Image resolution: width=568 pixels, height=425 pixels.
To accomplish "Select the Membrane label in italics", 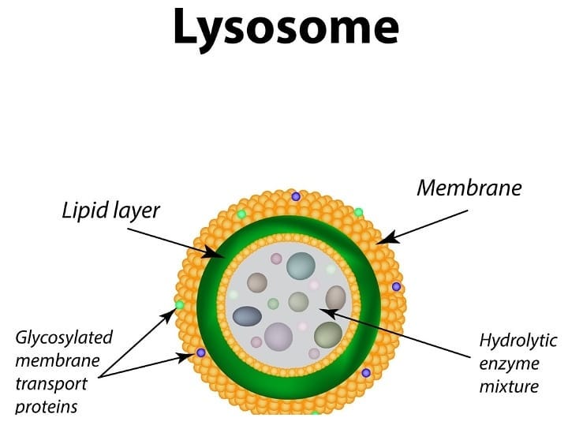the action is (x=469, y=188).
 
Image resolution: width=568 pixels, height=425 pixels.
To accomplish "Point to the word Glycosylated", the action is (x=64, y=338).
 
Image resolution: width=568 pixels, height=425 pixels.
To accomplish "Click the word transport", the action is (x=51, y=385).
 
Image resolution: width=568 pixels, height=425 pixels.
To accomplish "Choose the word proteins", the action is (x=47, y=408).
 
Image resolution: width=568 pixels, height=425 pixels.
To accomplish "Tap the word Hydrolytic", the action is (x=518, y=341).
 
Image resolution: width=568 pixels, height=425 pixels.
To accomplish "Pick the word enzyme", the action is (x=509, y=364).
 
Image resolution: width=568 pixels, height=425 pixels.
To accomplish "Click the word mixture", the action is (x=509, y=386).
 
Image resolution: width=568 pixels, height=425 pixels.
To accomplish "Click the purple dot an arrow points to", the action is (x=200, y=352).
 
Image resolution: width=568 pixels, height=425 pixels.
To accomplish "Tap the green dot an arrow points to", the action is (x=179, y=305).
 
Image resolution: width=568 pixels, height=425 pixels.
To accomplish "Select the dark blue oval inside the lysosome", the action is (x=247, y=316).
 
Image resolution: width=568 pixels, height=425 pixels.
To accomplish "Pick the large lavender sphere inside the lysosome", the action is (x=278, y=337).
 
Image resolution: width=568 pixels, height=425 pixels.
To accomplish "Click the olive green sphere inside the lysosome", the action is (x=328, y=335).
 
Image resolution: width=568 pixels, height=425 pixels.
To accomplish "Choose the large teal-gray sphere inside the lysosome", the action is (x=301, y=266).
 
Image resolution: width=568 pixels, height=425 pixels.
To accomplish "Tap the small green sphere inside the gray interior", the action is (x=273, y=304).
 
